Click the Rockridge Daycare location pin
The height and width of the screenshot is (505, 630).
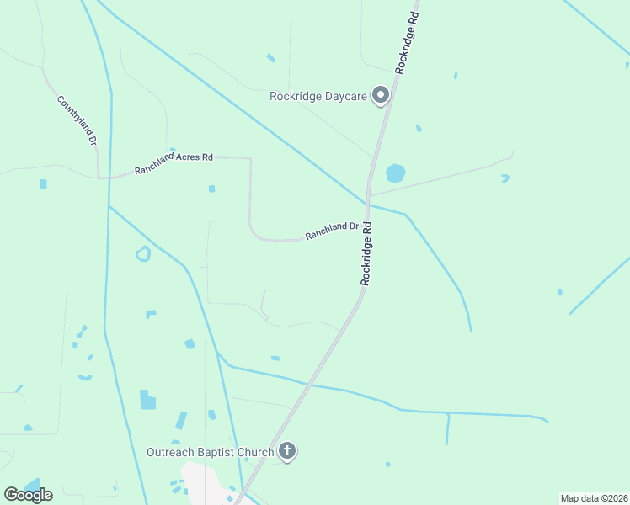point(381,95)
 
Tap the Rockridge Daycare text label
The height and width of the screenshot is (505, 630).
point(318,96)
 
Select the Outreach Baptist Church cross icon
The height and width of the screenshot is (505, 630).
point(287,452)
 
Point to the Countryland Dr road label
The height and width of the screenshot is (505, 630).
point(77,121)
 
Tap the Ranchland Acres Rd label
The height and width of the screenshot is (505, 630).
point(174,163)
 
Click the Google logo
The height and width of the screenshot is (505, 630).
point(29,494)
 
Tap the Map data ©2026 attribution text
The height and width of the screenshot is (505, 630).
point(594,498)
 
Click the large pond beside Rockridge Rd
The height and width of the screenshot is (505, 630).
point(395,173)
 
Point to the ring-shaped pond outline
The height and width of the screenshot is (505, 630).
point(143,253)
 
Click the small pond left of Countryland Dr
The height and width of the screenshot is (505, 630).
point(43,183)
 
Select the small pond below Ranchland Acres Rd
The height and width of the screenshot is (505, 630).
point(211,189)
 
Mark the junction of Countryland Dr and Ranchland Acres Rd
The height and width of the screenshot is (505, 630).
point(99,177)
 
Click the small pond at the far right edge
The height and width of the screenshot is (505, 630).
point(560,292)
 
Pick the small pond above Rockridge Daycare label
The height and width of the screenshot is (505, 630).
point(270,58)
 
